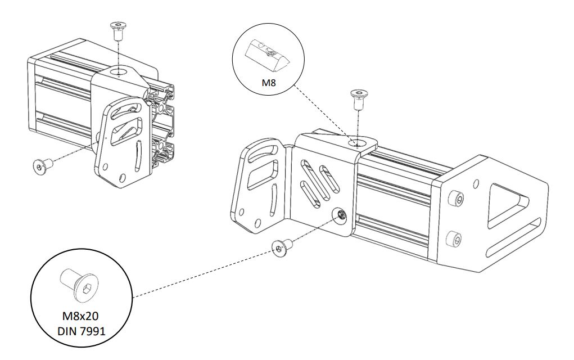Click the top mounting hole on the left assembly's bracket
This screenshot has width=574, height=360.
point(119,72)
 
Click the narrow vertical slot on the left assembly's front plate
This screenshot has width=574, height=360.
point(138,155)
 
